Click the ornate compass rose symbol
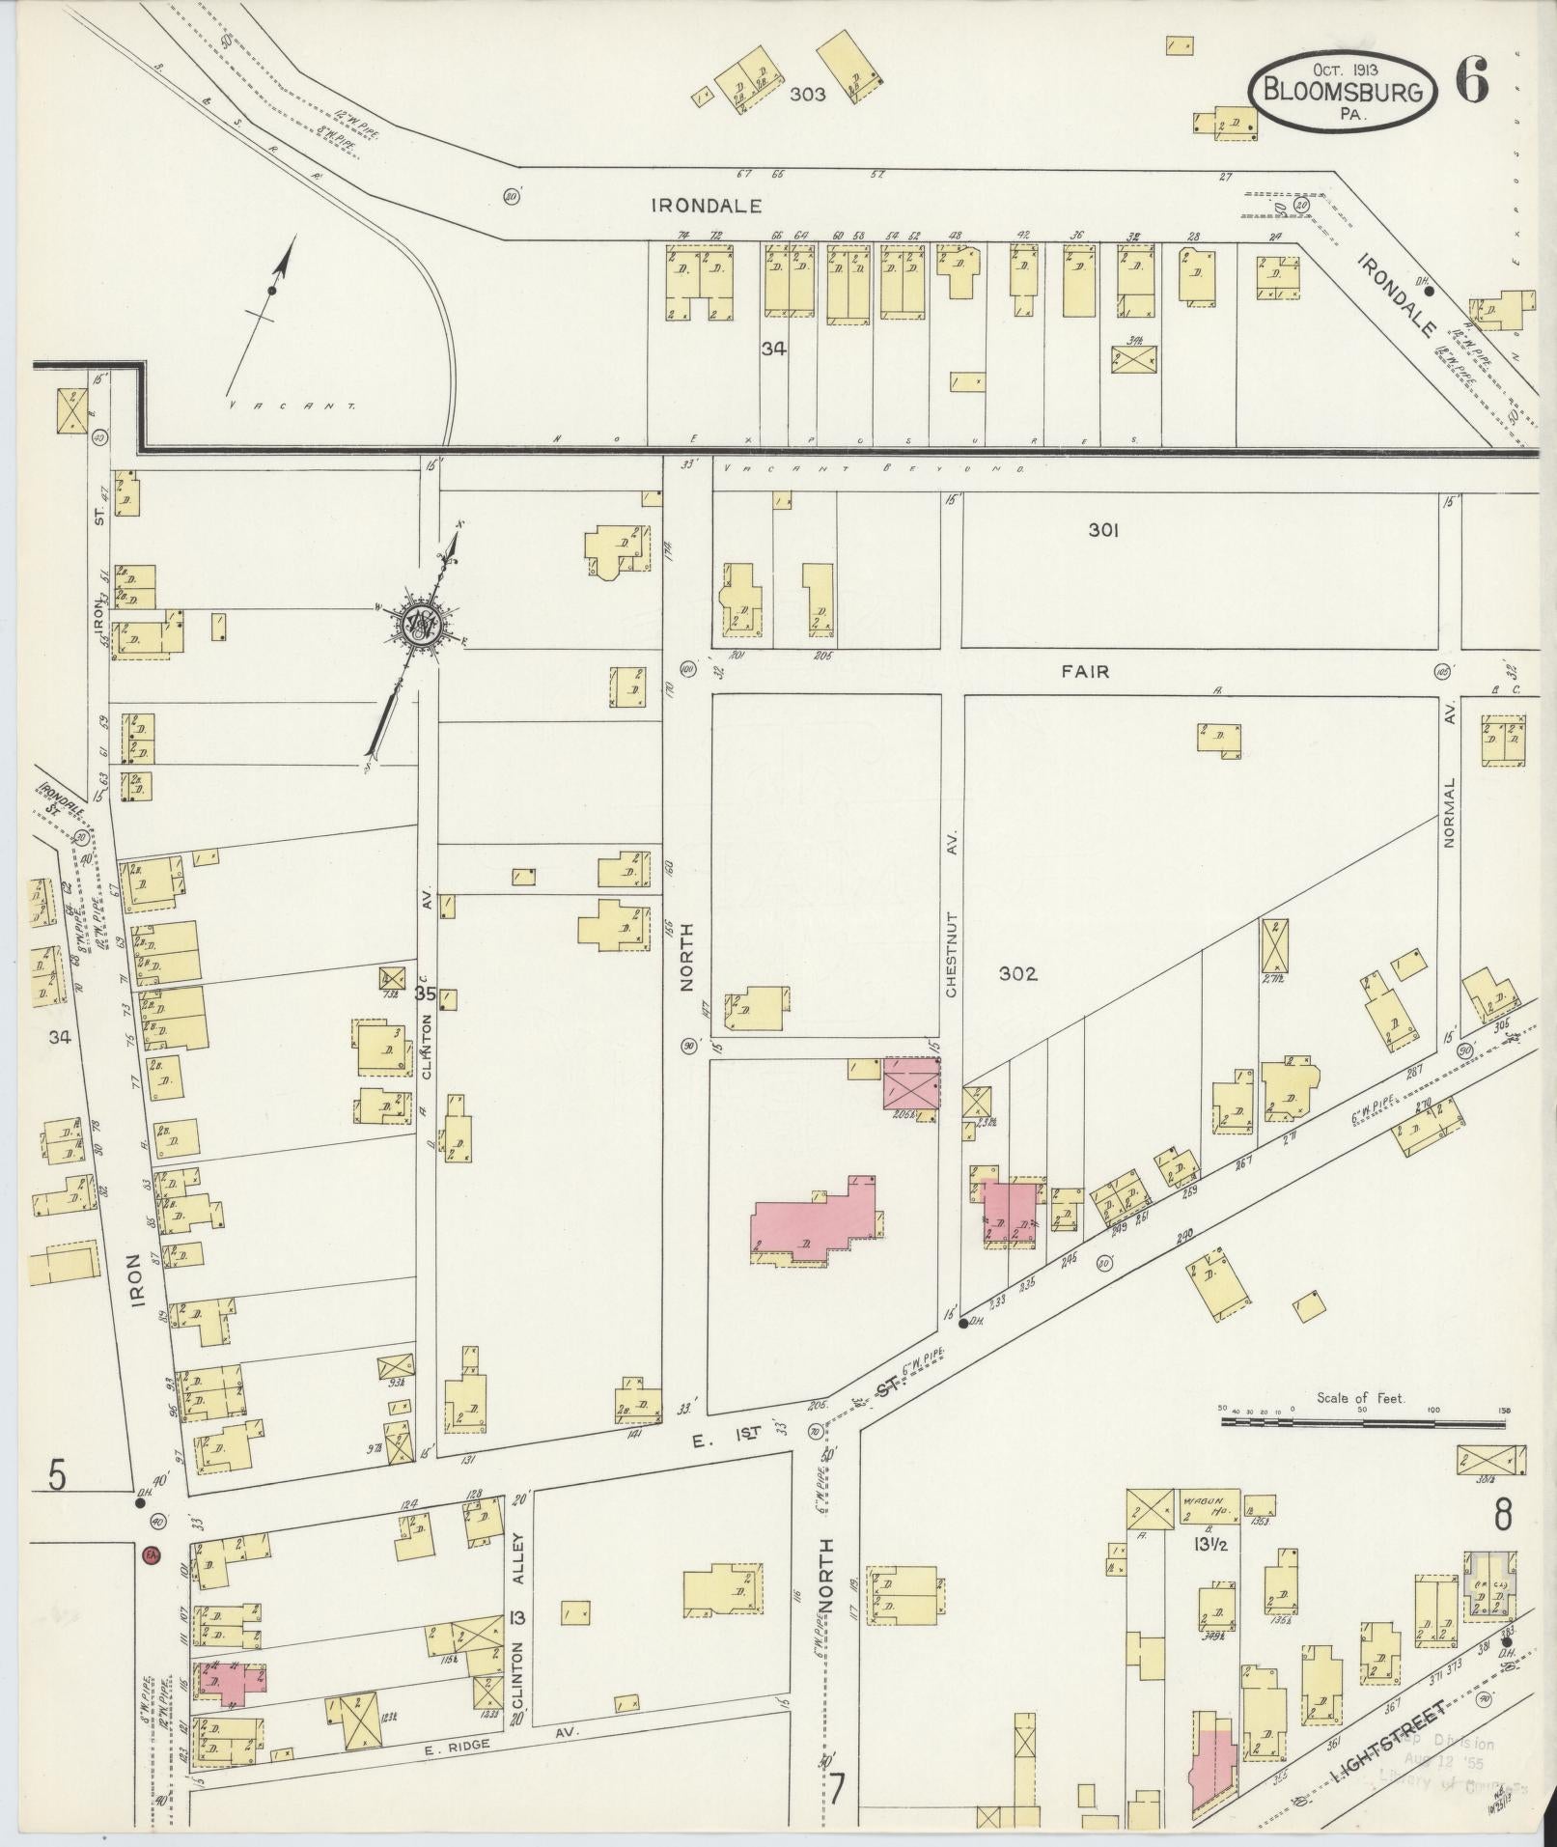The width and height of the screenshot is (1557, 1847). coord(421,627)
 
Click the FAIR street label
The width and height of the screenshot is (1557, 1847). coord(1085,671)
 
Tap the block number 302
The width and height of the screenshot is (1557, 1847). coord(1017,974)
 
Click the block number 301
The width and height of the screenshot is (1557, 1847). coord(1102,530)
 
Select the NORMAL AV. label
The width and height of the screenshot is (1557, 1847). coord(1449,812)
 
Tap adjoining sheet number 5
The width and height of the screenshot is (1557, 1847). coord(58,1478)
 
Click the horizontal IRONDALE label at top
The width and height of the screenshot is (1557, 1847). coord(707,206)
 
